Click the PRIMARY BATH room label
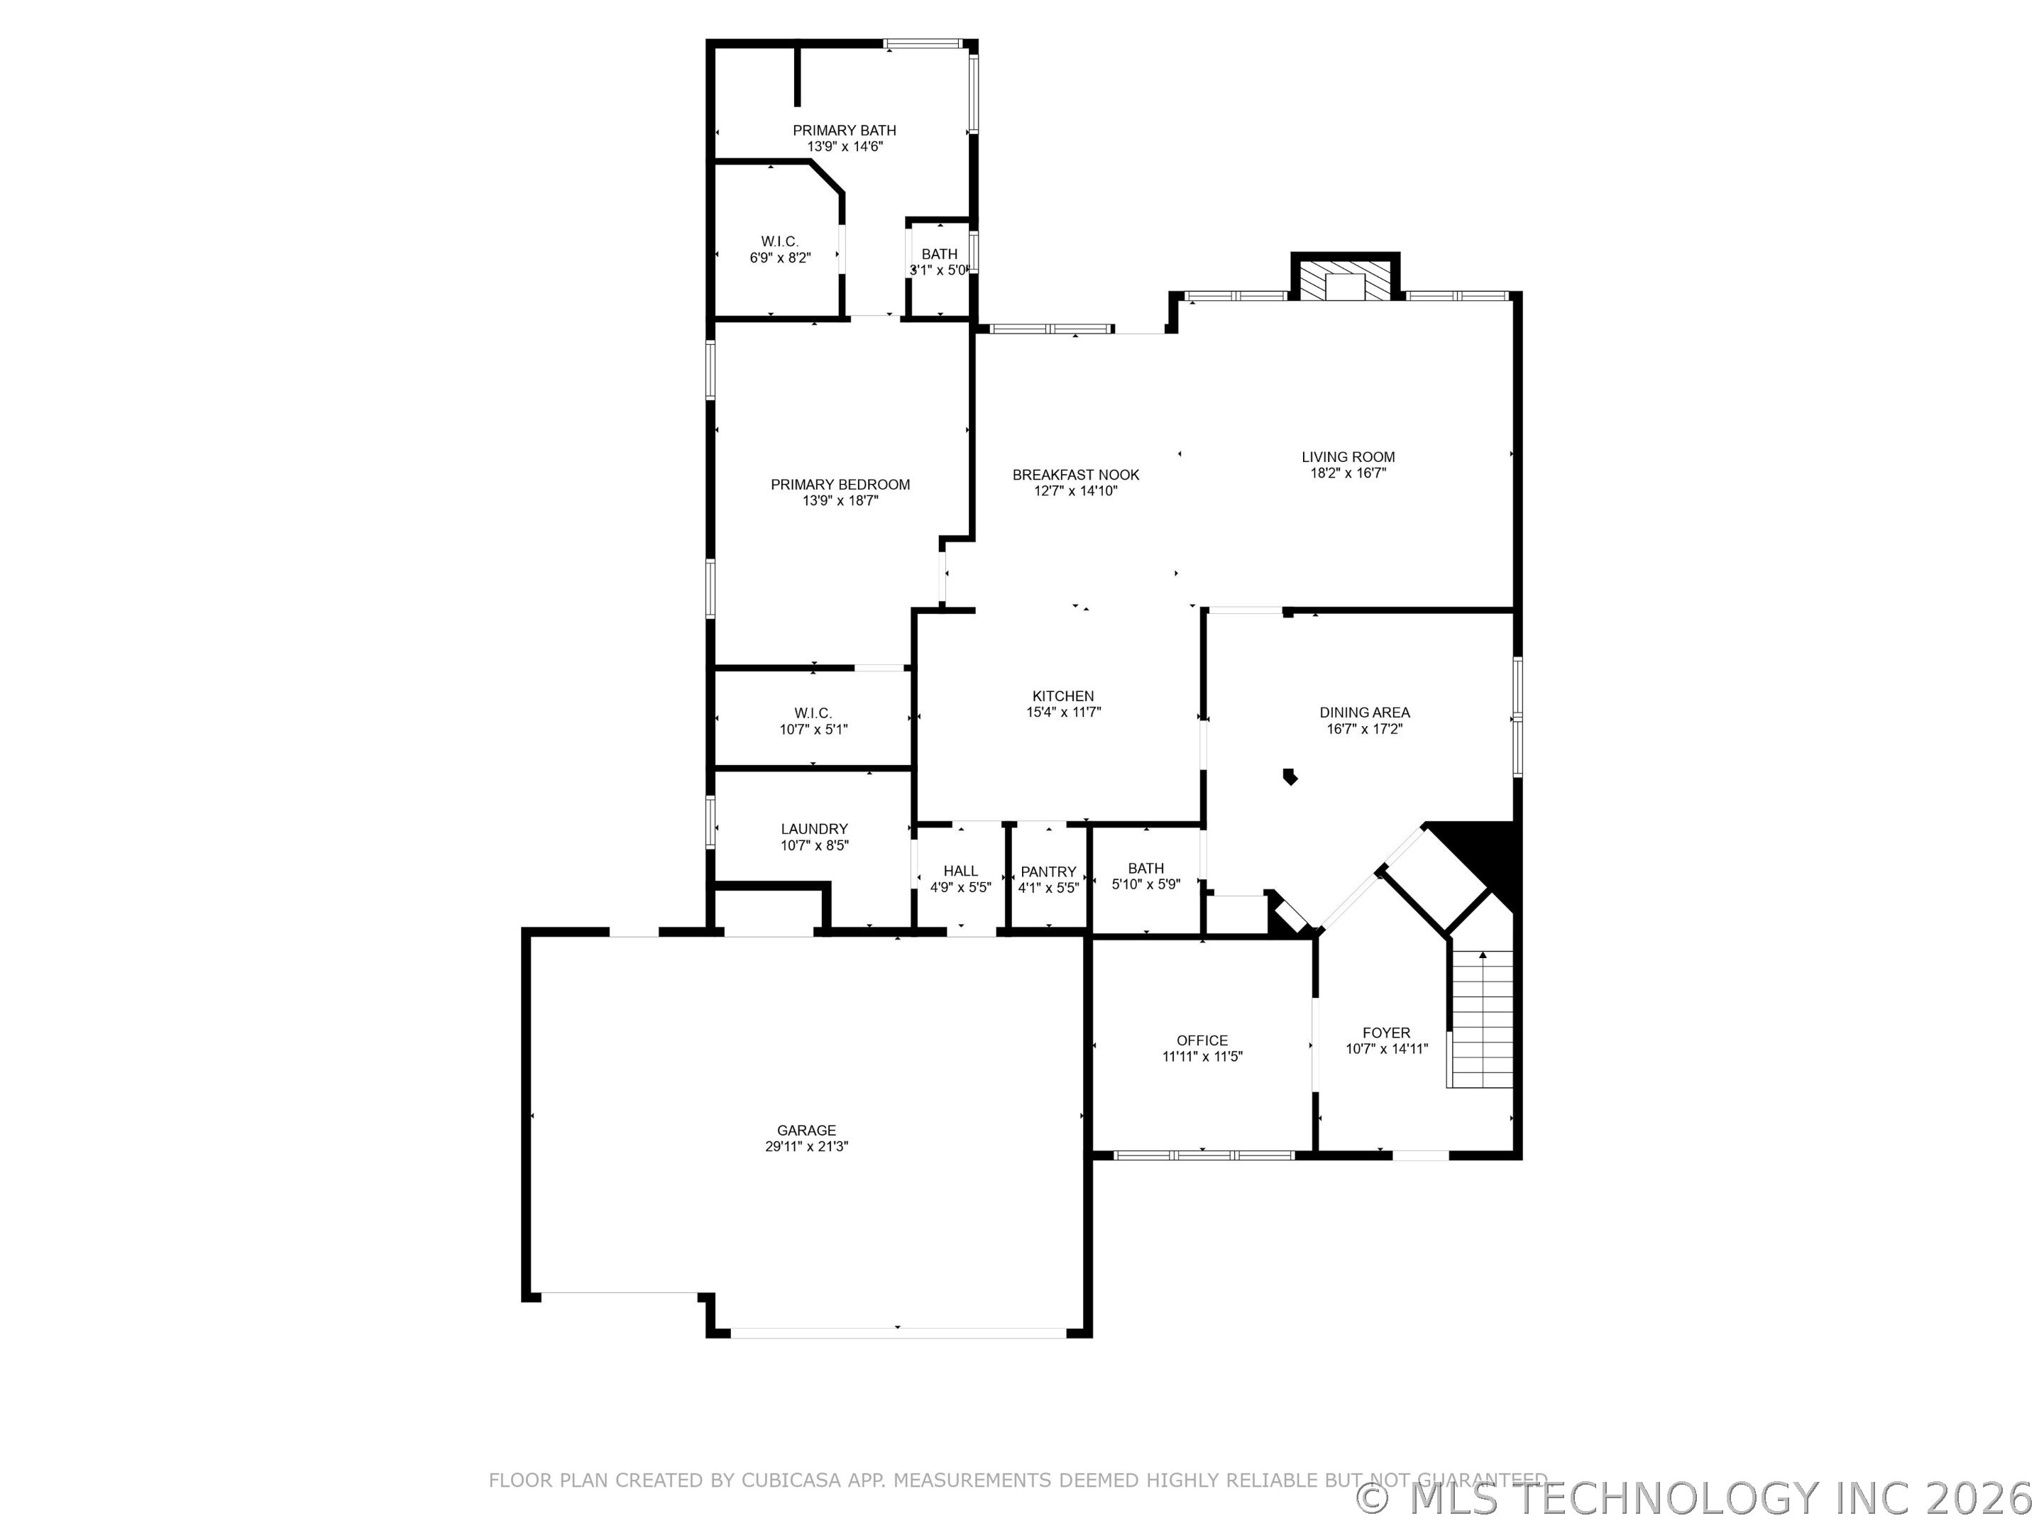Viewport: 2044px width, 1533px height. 844,131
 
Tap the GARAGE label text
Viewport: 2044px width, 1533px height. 806,1130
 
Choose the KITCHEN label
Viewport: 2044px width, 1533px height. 1062,696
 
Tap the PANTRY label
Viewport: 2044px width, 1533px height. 1048,872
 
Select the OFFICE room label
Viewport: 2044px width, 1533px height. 1202,1040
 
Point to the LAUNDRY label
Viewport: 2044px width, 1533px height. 813,829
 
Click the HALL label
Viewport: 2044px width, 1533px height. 960,870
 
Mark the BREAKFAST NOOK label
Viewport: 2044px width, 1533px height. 1076,475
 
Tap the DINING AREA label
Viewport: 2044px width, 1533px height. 1364,713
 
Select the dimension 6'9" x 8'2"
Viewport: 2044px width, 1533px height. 780,258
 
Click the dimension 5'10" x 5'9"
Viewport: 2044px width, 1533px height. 1145,884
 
